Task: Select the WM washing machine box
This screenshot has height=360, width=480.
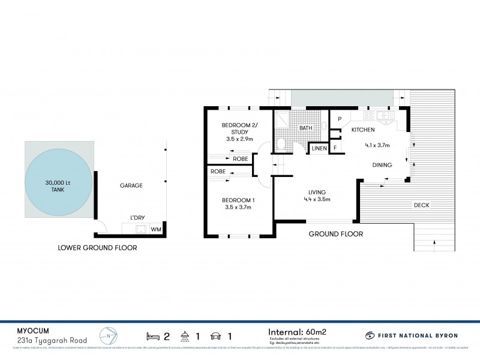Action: click(156, 229)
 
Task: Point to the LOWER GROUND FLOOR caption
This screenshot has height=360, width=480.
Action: click(97, 247)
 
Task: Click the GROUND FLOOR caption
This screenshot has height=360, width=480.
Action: click(335, 234)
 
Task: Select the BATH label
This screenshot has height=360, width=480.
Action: click(306, 128)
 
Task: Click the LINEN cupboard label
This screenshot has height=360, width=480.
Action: click(318, 148)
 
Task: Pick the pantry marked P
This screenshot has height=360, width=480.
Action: click(339, 119)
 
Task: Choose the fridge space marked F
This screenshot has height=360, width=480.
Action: click(335, 146)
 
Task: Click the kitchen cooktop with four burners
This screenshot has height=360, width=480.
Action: click(368, 115)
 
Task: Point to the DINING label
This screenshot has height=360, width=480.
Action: click(382, 165)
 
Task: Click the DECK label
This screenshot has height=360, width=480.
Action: click(422, 205)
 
